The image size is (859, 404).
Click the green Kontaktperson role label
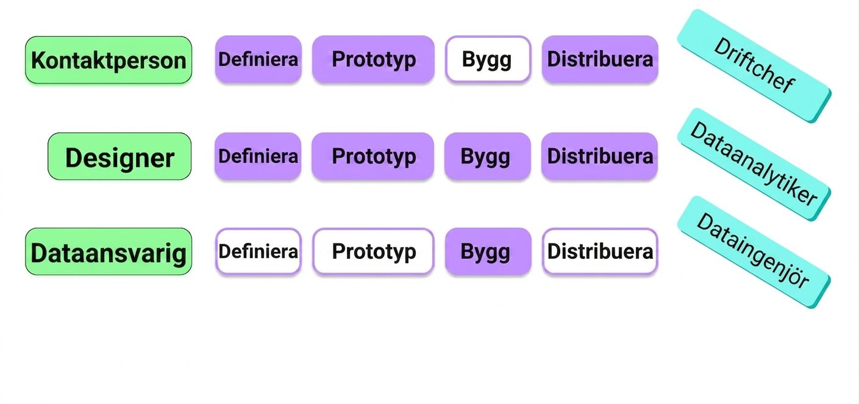click(x=109, y=60)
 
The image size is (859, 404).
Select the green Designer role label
click(x=119, y=156)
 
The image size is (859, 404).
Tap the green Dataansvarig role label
click(x=109, y=251)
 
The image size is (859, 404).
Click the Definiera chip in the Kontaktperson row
click(x=258, y=59)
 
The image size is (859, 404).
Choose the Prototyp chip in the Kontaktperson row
click(x=374, y=59)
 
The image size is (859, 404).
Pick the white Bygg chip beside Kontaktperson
click(x=488, y=59)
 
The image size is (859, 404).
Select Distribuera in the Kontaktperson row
click(x=600, y=59)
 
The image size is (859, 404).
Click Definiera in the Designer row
click(x=258, y=156)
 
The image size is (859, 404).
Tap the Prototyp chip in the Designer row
click(x=373, y=156)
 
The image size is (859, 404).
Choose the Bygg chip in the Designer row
click(x=487, y=156)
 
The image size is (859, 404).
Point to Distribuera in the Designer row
click(x=600, y=156)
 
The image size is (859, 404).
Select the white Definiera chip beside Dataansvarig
click(x=258, y=251)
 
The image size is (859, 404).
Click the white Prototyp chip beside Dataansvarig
click(x=374, y=251)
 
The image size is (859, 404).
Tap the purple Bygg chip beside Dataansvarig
click(x=488, y=251)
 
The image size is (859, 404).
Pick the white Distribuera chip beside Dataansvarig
click(x=600, y=251)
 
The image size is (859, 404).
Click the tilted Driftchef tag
click(x=754, y=66)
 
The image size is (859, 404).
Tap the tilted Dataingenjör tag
click(x=754, y=252)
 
